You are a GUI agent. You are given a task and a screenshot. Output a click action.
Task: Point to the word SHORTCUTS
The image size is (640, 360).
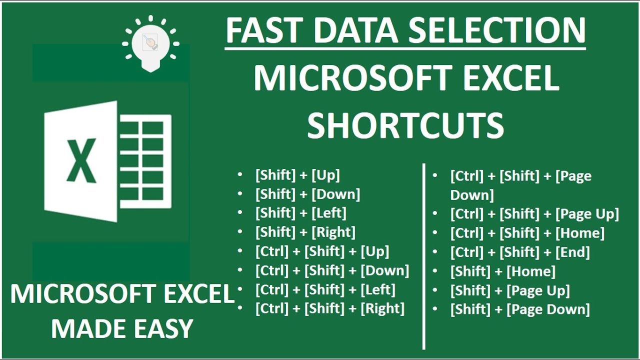(405, 125)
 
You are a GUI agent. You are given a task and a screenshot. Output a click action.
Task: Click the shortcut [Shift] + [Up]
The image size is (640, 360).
(297, 175)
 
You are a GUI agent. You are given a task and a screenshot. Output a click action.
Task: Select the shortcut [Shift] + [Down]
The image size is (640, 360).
(307, 194)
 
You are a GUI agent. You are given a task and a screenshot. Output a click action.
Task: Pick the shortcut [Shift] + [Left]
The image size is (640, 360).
(300, 213)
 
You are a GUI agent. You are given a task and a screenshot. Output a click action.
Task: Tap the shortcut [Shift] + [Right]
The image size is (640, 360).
(305, 232)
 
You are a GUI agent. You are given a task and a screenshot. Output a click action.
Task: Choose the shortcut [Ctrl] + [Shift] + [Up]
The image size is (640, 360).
(322, 251)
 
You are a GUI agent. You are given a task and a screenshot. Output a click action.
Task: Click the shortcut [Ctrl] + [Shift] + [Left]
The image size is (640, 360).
(325, 289)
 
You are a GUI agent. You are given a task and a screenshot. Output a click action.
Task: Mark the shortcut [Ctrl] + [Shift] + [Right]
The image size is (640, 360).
(330, 308)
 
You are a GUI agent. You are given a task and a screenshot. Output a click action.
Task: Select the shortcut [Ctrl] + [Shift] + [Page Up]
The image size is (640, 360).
(534, 214)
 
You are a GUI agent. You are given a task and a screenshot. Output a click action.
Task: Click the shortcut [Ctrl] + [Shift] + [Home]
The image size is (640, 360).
(527, 233)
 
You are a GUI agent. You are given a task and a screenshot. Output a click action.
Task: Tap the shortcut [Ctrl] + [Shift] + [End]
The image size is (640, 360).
(520, 252)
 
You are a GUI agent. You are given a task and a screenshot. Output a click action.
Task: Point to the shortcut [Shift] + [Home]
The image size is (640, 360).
(502, 271)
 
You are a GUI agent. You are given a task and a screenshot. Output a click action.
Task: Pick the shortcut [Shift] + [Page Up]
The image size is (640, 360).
(510, 290)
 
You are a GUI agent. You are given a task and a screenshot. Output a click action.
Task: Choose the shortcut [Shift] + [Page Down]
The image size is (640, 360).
(520, 309)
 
